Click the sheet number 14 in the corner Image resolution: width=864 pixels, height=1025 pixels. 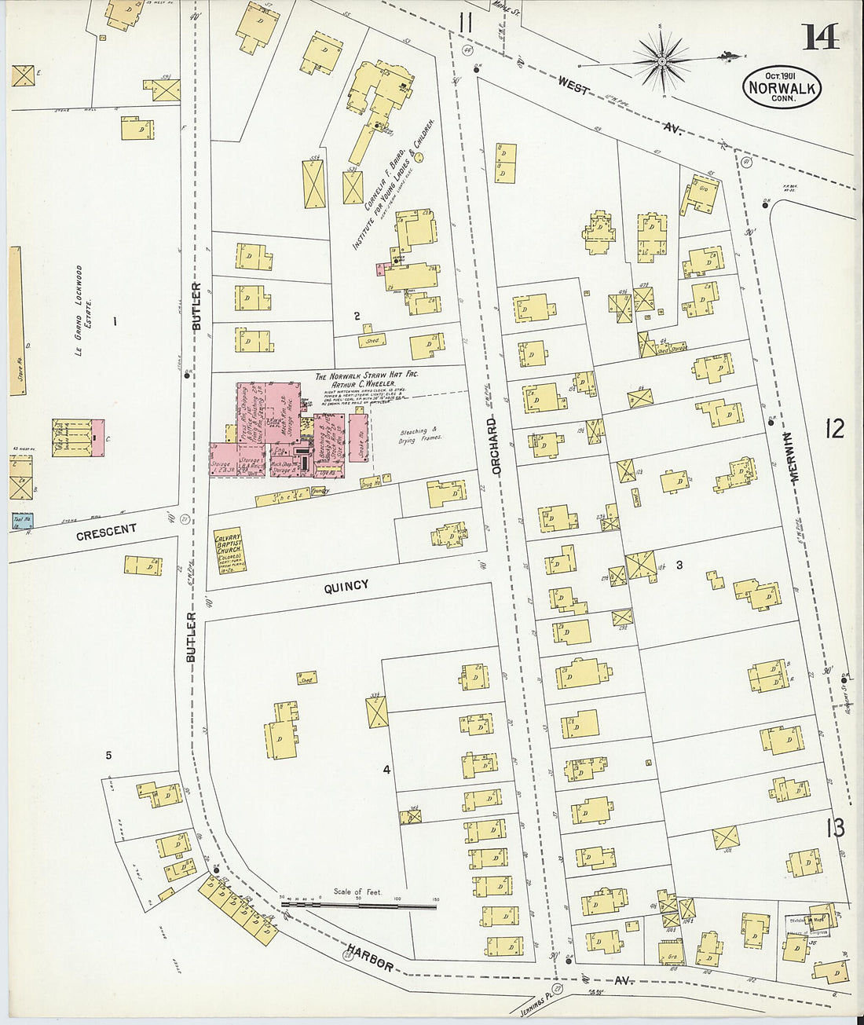coord(820,35)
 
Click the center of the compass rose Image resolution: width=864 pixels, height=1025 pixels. coord(661,60)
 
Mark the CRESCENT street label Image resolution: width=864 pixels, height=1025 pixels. coord(106,533)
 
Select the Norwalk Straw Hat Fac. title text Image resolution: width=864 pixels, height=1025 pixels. coord(367,376)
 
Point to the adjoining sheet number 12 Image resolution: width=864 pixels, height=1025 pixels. coord(834,429)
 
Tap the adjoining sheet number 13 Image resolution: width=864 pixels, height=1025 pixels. coord(835,828)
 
